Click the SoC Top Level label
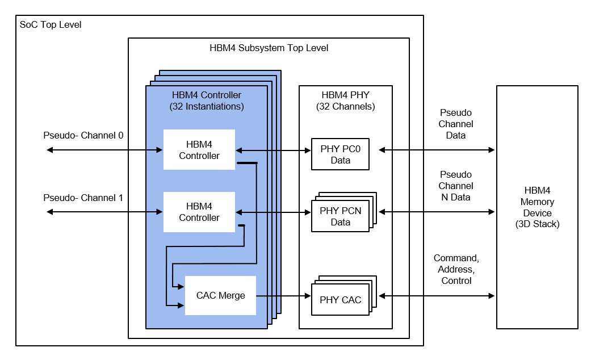[51, 25]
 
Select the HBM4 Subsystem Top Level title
[269, 48]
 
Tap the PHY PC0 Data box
[340, 154]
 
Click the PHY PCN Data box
[340, 216]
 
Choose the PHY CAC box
[340, 300]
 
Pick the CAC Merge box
[220, 295]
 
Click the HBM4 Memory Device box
[537, 207]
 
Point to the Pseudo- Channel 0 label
[83, 135]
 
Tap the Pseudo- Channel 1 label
[83, 198]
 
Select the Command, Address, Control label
[456, 269]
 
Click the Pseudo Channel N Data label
[456, 186]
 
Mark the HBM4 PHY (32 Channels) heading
[345, 101]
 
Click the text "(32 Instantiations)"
[207, 106]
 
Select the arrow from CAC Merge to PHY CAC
[283, 296]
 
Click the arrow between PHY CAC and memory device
[437, 296]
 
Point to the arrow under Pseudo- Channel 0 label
[105, 150]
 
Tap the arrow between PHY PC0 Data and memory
[437, 150]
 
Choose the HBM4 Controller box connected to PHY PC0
[199, 150]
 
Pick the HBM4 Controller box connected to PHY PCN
[199, 212]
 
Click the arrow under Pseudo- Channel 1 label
[105, 212]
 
